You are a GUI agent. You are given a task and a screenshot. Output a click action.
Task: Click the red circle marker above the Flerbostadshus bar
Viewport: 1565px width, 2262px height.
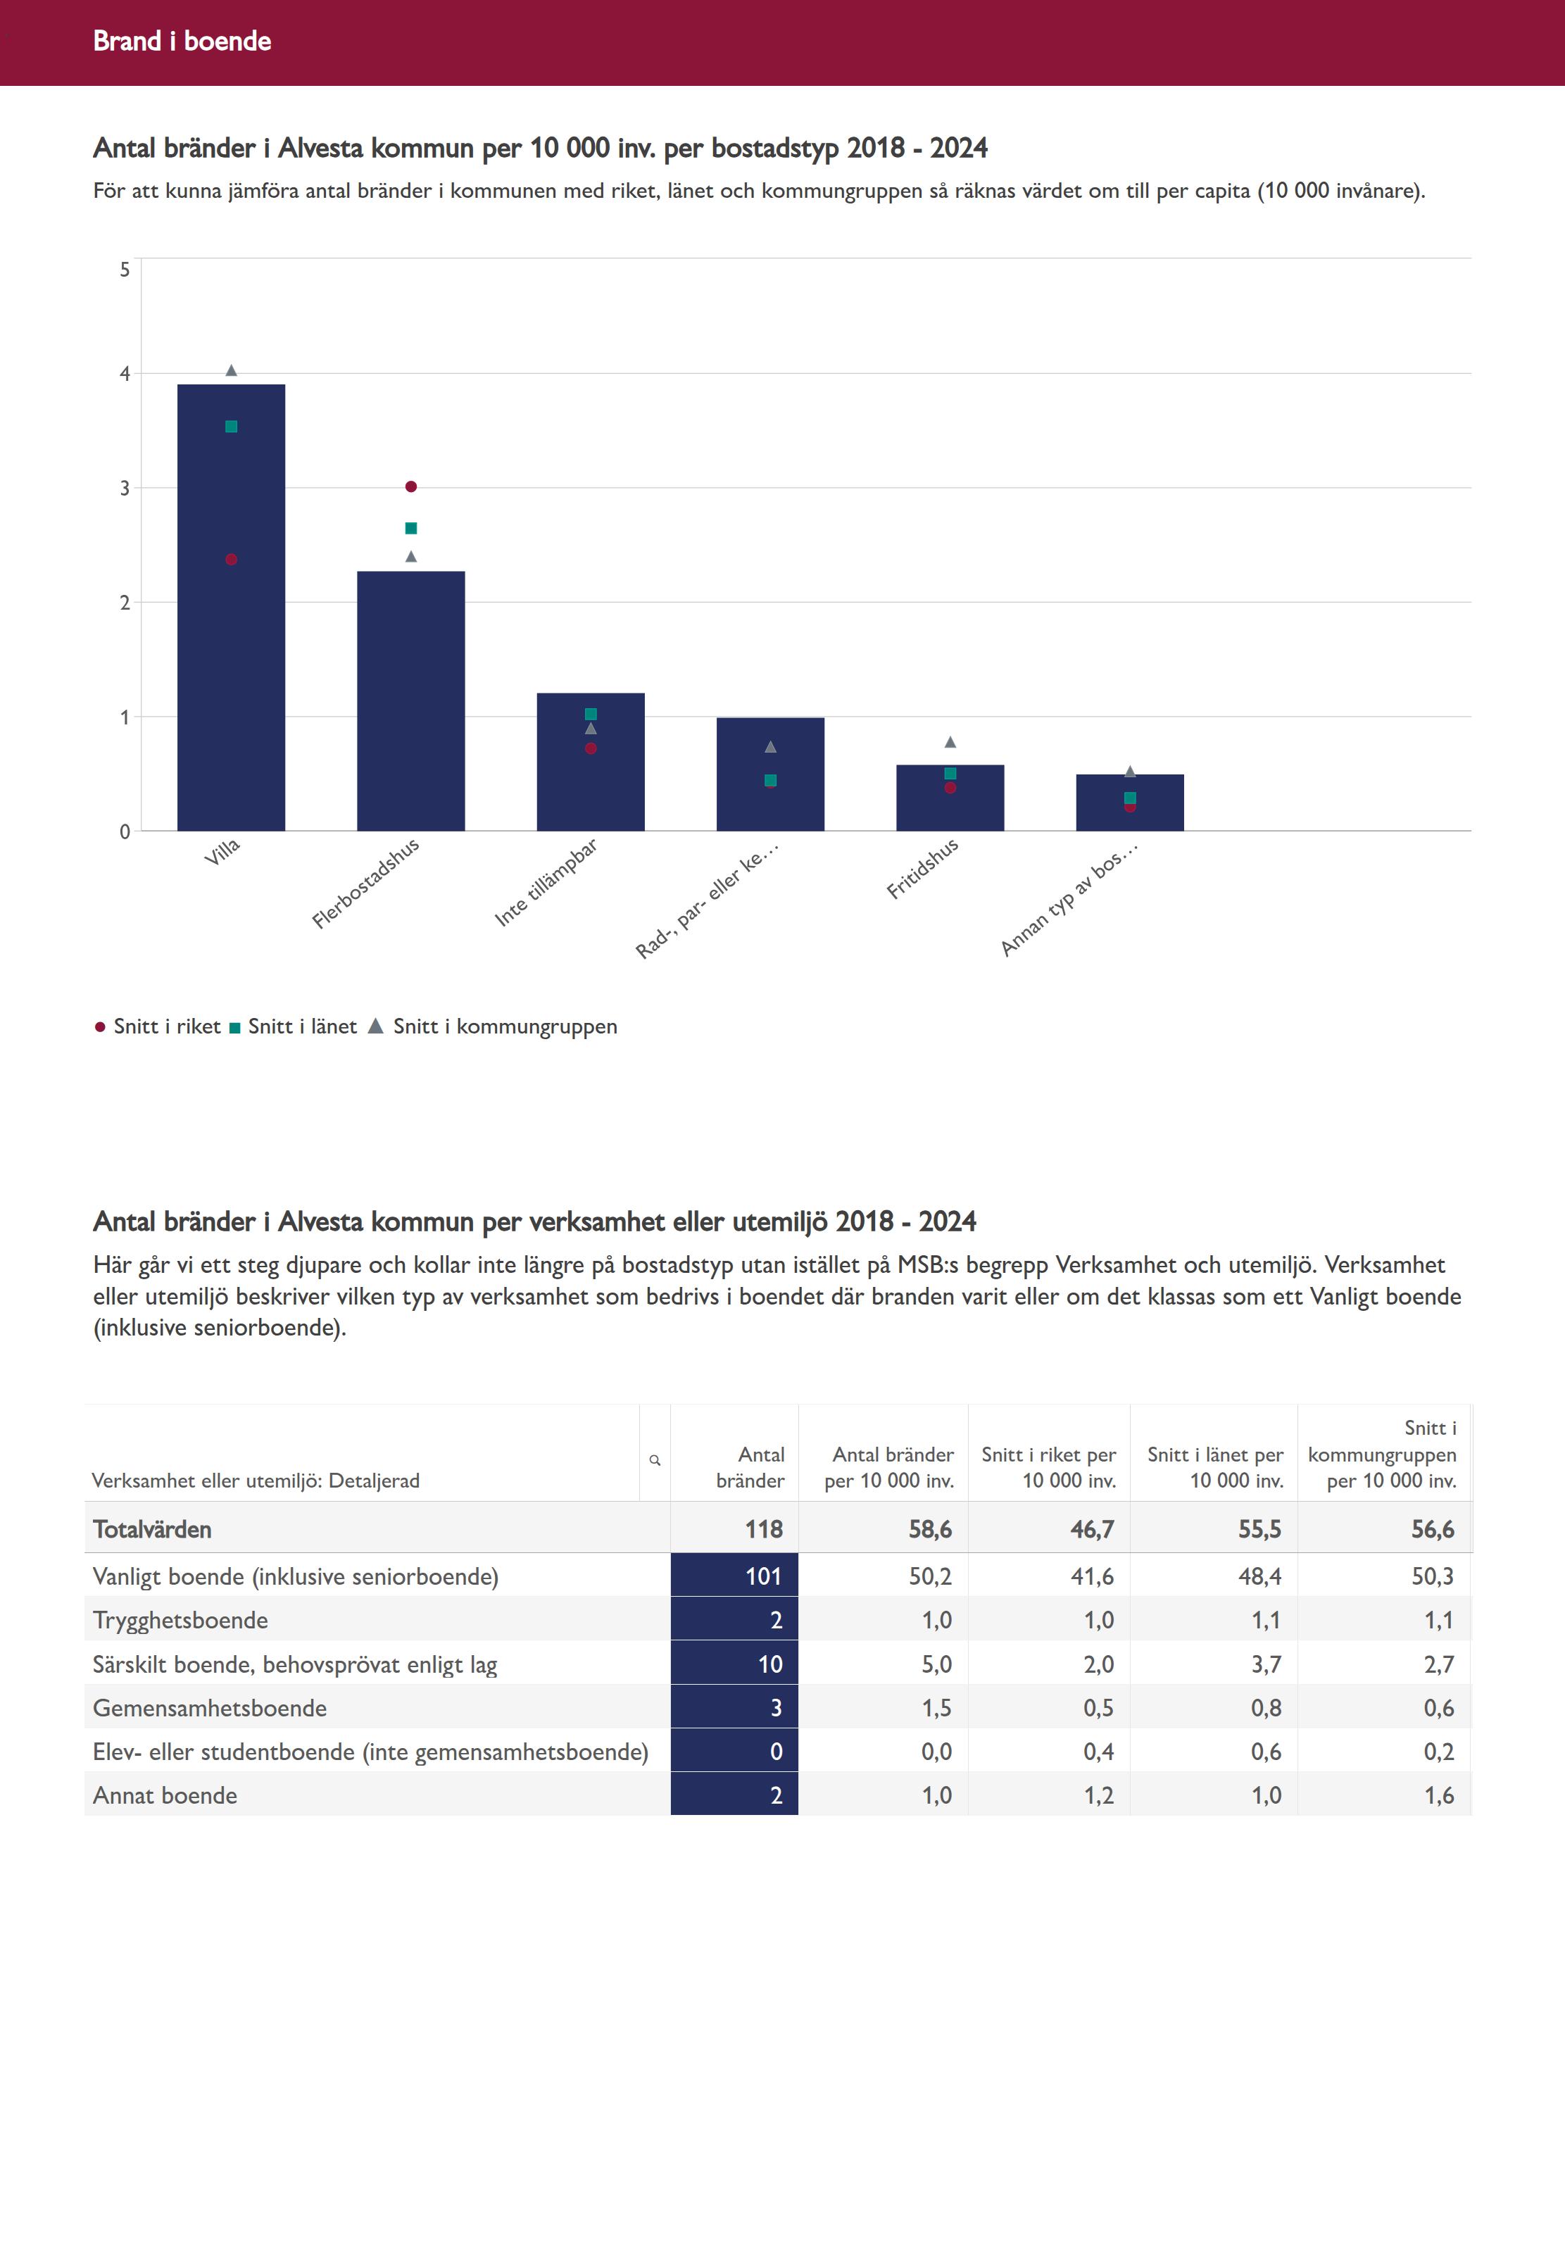pyautogui.click(x=411, y=486)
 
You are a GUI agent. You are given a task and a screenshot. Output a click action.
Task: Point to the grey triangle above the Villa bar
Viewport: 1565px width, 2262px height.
pyautogui.click(x=232, y=370)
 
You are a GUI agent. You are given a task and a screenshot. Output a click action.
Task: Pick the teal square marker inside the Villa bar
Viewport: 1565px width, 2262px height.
pyautogui.click(x=232, y=427)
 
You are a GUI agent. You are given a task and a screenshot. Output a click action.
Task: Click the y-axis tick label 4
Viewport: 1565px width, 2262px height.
pyautogui.click(x=125, y=374)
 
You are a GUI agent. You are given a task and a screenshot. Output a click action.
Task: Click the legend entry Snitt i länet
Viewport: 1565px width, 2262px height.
pyautogui.click(x=301, y=1026)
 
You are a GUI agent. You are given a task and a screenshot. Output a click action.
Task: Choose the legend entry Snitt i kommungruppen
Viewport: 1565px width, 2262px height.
pyautogui.click(x=504, y=1026)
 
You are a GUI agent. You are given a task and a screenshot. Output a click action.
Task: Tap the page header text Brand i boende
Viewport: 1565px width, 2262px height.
pyautogui.click(x=182, y=41)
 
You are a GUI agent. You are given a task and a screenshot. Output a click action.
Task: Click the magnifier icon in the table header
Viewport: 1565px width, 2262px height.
pyautogui.click(x=655, y=1460)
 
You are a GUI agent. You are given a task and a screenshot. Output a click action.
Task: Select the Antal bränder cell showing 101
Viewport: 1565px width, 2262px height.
pyautogui.click(x=763, y=1576)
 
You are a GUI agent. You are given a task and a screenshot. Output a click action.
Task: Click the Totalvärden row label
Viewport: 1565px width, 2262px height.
pyautogui.click(x=152, y=1530)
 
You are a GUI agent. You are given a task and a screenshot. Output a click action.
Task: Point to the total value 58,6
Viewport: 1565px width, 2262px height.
pyautogui.click(x=929, y=1530)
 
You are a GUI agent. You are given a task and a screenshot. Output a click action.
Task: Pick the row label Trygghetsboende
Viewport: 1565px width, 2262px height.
pyautogui.click(x=180, y=1620)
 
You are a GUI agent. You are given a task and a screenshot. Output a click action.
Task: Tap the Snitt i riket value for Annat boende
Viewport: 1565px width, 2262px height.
pyautogui.click(x=1098, y=1795)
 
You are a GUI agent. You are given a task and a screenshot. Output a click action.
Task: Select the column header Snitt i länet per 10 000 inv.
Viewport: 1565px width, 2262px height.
pyautogui.click(x=1215, y=1467)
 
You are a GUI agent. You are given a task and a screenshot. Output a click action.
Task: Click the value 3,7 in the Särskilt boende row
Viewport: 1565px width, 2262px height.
pyautogui.click(x=1265, y=1664)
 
